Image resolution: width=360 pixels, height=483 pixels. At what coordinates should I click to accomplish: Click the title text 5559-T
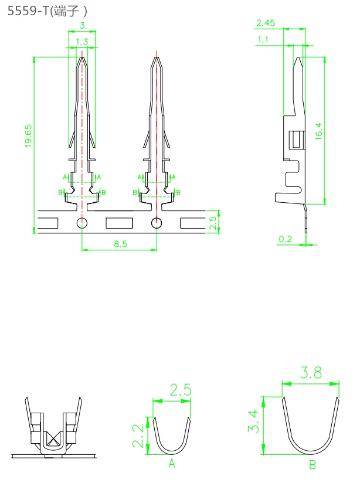[x=28, y=11]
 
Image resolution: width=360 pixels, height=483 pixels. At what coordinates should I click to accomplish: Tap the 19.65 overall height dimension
[x=28, y=136]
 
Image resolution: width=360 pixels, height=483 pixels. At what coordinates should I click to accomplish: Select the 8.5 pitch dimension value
[x=120, y=244]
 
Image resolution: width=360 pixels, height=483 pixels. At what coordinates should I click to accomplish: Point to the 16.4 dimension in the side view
[x=319, y=131]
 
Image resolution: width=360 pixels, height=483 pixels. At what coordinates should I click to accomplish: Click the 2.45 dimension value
[x=266, y=23]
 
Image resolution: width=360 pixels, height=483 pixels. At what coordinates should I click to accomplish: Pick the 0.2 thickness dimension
[x=285, y=239]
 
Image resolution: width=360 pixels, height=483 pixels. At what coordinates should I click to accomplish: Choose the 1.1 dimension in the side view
[x=263, y=39]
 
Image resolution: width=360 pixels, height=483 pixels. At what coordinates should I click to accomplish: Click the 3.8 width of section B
[x=311, y=372]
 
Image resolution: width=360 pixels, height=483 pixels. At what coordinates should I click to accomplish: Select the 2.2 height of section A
[x=138, y=436]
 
